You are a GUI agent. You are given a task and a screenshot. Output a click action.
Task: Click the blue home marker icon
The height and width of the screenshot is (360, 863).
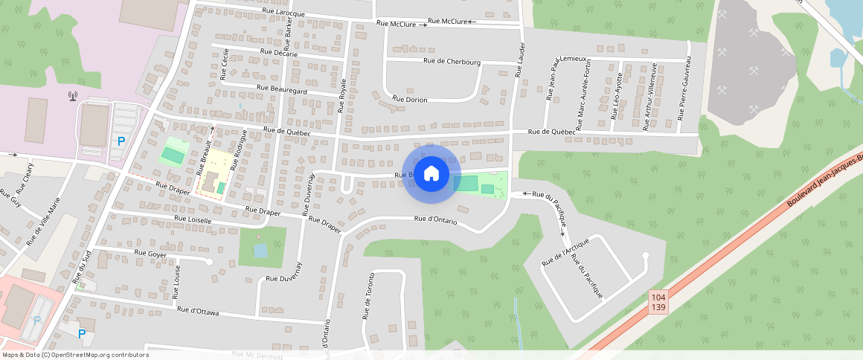(431, 174)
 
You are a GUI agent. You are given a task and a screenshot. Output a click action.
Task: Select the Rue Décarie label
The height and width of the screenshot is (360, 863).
(279, 53)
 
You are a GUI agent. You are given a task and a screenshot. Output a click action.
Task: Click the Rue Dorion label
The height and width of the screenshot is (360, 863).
(410, 99)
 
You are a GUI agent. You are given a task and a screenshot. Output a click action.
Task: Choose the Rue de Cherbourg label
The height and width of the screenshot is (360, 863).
(452, 62)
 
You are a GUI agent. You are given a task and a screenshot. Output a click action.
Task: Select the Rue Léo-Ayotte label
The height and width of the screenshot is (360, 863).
(617, 97)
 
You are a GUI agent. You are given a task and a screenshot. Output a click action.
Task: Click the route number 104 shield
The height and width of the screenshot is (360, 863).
(658, 297)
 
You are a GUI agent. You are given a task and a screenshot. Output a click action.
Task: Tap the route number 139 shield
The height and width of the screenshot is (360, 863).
(658, 307)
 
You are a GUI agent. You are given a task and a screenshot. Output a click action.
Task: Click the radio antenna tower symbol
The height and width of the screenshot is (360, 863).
(72, 95)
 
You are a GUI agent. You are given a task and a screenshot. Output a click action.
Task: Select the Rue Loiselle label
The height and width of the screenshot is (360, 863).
(193, 220)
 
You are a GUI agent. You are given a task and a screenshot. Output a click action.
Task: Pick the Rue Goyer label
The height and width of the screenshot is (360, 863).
(151, 254)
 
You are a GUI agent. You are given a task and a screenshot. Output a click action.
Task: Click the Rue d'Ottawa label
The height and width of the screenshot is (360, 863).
(198, 311)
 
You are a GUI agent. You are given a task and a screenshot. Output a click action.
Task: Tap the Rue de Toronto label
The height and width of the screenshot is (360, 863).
(368, 296)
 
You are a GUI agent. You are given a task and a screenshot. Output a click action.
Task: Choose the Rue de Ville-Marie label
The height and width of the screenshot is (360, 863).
(43, 222)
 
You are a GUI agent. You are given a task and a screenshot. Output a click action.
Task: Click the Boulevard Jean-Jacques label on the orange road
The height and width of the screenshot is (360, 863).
(824, 181)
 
